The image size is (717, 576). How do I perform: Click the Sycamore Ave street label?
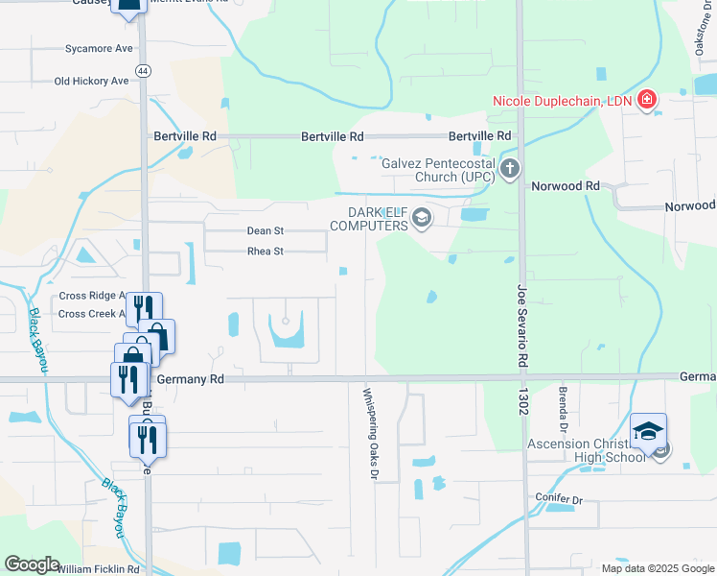[99, 48]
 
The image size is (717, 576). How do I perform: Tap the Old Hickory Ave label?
[91, 82]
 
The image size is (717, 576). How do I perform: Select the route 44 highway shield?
[143, 71]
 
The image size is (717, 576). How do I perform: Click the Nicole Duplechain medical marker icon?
[648, 101]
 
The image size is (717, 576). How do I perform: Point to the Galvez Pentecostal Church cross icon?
[509, 170]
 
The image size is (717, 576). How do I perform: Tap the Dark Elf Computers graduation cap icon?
[421, 220]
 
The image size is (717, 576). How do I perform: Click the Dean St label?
[266, 230]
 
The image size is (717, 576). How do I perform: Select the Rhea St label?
[266, 252]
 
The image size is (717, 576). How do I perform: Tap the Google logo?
[32, 564]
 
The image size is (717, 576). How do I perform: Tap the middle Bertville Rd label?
[333, 137]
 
